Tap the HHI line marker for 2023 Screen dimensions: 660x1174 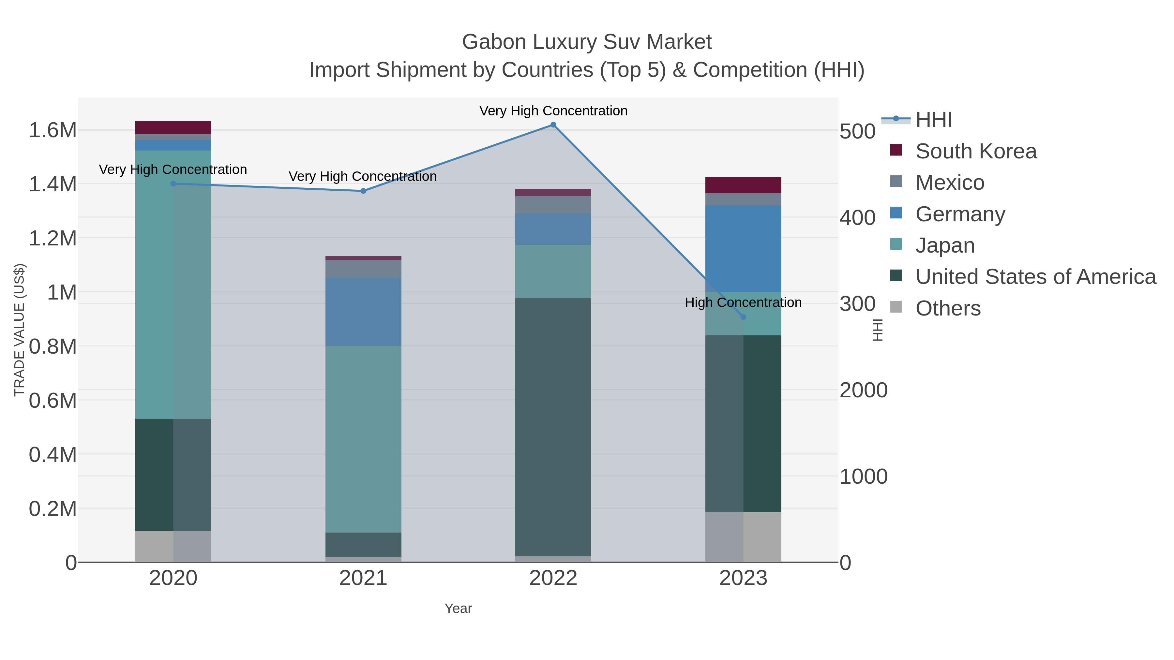(743, 317)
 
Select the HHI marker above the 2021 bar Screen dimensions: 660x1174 (363, 191)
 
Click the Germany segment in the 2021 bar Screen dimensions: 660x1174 (363, 312)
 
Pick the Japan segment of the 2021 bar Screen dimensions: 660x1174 (363, 439)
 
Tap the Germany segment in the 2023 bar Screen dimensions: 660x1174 (743, 248)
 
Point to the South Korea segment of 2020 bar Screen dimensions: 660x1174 (173, 127)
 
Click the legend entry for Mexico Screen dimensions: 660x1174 (950, 183)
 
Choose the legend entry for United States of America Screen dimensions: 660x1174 (1035, 277)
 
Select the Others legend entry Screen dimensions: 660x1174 (948, 308)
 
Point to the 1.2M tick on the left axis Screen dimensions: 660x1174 (53, 238)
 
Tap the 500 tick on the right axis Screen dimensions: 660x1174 (857, 132)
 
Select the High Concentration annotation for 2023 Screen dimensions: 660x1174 (743, 302)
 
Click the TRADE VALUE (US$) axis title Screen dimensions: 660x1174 (19, 330)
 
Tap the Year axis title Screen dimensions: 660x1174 (458, 609)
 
